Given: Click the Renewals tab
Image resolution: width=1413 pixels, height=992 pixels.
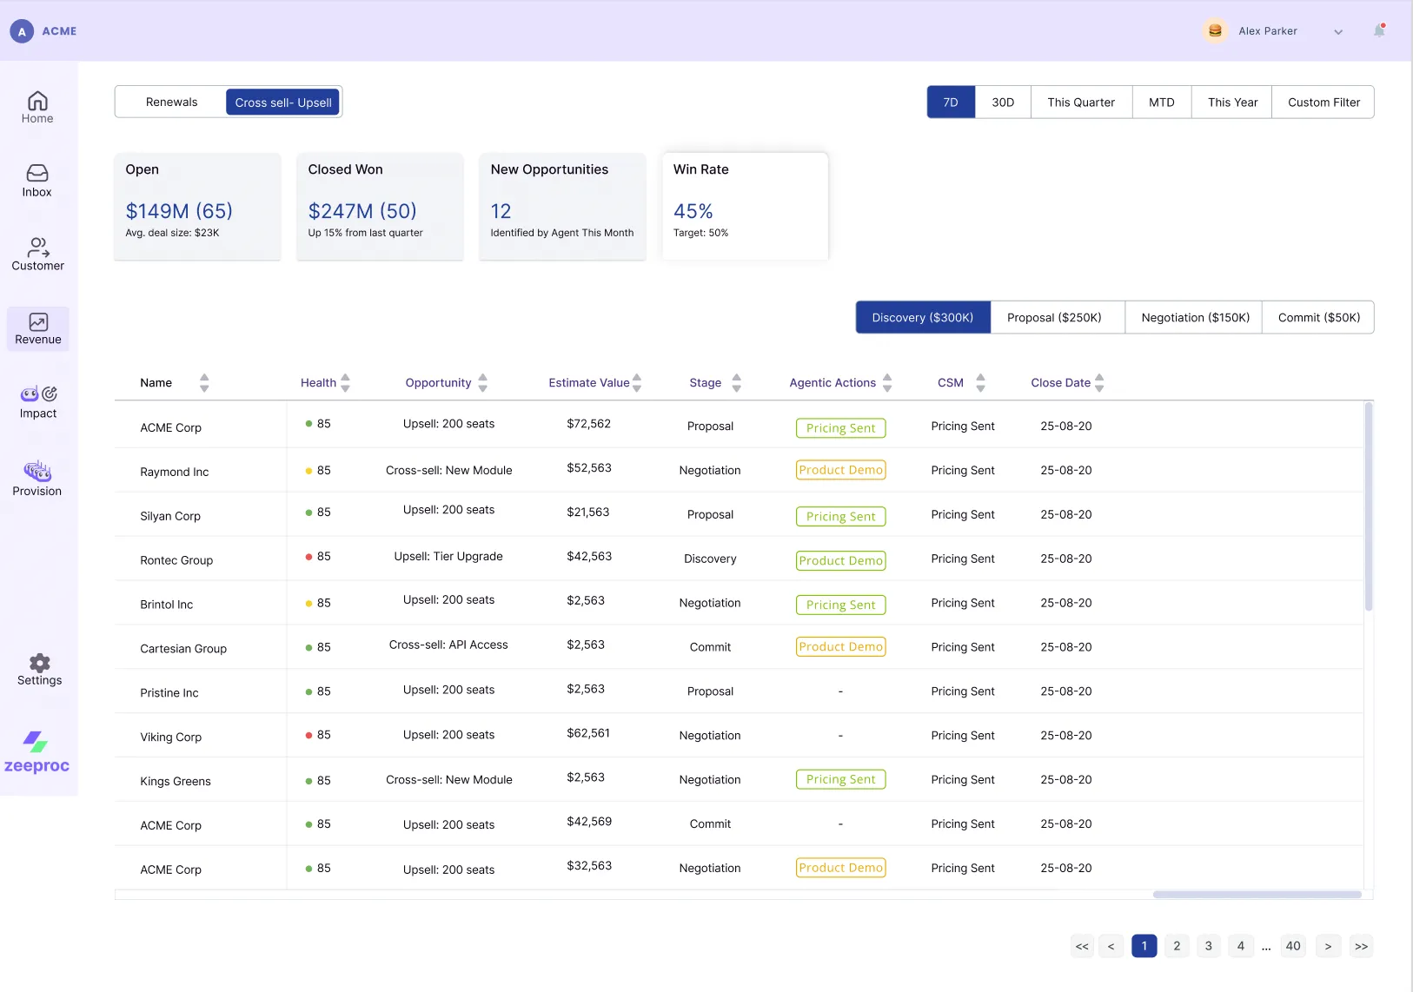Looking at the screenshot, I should tap(171, 102).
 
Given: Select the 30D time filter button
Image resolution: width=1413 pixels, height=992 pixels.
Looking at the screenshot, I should tap(1003, 102).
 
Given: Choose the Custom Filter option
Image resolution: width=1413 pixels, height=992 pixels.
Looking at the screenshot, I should tap(1323, 102).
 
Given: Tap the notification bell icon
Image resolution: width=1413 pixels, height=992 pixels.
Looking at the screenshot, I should tap(1379, 30).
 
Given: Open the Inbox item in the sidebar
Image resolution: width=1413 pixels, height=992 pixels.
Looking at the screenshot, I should tap(37, 180).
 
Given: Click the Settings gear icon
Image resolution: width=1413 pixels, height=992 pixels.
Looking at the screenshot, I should tap(39, 663).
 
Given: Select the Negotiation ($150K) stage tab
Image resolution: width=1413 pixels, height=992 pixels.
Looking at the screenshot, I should tap(1194, 317).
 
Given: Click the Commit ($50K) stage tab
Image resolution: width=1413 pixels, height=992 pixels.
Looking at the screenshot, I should tap(1318, 317).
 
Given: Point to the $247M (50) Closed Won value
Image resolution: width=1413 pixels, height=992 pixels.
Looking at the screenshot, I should tap(362, 211).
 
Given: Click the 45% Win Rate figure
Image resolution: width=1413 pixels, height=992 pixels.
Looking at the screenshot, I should tap(693, 211).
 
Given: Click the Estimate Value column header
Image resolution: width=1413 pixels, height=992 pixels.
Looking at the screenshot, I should tap(588, 382).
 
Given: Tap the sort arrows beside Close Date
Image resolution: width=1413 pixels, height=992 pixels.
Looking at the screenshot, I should tap(1099, 382).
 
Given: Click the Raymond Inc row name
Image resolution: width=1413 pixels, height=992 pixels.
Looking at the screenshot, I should tap(175, 472).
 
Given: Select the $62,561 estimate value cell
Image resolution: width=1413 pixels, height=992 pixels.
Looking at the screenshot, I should tap(588, 733).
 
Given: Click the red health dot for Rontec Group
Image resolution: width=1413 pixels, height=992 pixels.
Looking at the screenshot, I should tap(308, 557).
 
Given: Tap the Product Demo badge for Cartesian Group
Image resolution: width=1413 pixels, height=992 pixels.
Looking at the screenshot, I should tap(840, 646).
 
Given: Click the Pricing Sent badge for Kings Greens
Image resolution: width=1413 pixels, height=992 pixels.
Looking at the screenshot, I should tap(840, 779).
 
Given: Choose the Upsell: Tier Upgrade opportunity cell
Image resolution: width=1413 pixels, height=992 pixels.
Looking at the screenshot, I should tap(448, 556).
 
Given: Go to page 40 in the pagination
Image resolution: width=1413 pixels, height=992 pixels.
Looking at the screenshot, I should tap(1293, 946).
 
